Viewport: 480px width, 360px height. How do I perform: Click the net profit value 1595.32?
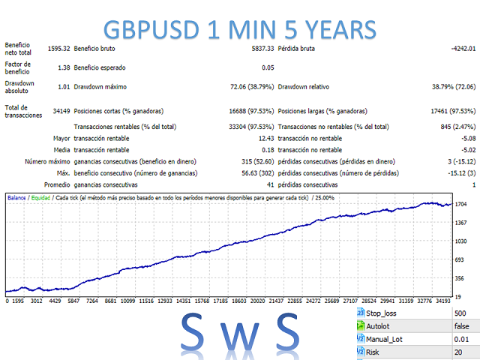[57, 49]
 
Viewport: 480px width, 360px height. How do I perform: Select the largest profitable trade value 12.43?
[264, 139]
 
